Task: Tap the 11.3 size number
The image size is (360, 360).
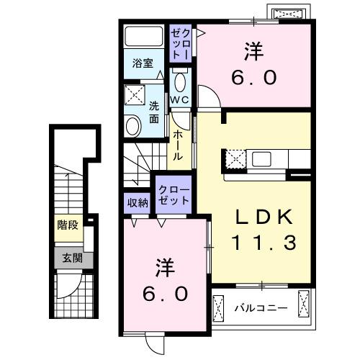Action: pyautogui.click(x=264, y=243)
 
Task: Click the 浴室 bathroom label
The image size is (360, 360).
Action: pyautogui.click(x=143, y=63)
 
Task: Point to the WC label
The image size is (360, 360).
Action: pyautogui.click(x=180, y=99)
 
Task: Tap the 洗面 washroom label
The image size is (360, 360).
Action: pyautogui.click(x=154, y=112)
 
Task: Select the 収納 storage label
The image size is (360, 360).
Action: pyautogui.click(x=138, y=202)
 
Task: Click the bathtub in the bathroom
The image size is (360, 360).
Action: pyautogui.click(x=143, y=37)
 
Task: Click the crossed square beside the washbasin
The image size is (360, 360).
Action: pyautogui.click(x=134, y=94)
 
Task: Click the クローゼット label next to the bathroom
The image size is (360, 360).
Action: pyautogui.click(x=180, y=42)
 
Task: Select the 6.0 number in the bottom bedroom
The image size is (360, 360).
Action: pyautogui.click(x=165, y=293)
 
